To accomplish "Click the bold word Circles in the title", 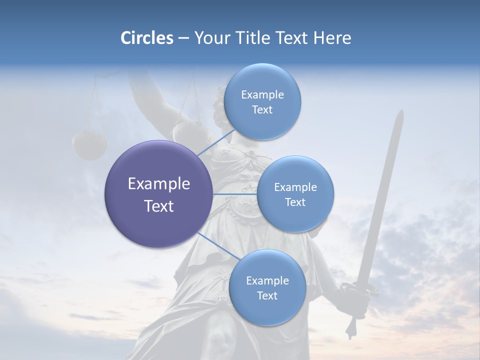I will click(x=147, y=38).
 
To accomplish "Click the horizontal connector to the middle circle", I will click(x=235, y=194).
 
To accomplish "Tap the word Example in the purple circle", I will click(x=159, y=184).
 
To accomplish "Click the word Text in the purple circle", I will click(x=159, y=206).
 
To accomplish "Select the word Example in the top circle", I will click(x=262, y=94).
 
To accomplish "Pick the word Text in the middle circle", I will click(x=295, y=202).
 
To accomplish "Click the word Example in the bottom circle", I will click(x=267, y=280).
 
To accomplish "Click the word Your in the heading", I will click(x=209, y=38).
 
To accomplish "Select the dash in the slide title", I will click(x=183, y=38).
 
